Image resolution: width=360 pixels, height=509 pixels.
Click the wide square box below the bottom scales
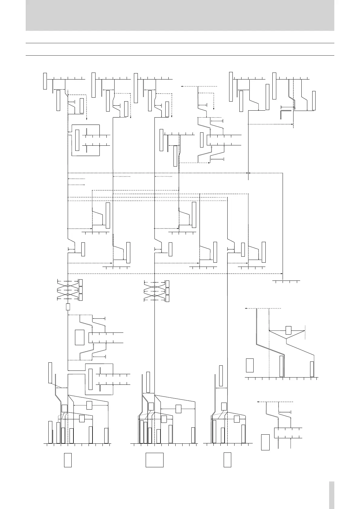(x=154, y=460)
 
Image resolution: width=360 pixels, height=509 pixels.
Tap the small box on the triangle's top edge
(x=288, y=330)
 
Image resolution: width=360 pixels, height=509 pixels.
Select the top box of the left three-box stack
(x=80, y=283)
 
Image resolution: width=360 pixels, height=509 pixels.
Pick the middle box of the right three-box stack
(x=167, y=291)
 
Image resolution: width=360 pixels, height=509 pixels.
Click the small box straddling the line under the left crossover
(x=68, y=307)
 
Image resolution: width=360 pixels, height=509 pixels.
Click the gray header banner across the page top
(x=180, y=15)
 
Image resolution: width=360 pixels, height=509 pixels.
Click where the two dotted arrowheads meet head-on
(x=248, y=173)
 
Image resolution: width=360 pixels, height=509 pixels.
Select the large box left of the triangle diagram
(x=249, y=365)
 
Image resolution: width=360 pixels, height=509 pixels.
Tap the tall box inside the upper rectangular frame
(x=77, y=140)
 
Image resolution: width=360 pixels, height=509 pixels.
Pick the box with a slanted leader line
(x=50, y=372)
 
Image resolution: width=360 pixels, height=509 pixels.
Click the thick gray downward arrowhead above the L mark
(x=295, y=109)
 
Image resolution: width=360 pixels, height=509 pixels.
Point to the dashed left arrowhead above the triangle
(x=246, y=308)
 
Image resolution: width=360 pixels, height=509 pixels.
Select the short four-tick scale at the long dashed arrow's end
(x=286, y=281)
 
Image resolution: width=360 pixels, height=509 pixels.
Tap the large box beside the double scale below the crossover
(x=79, y=337)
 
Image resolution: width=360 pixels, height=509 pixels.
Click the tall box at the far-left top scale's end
(x=45, y=81)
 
